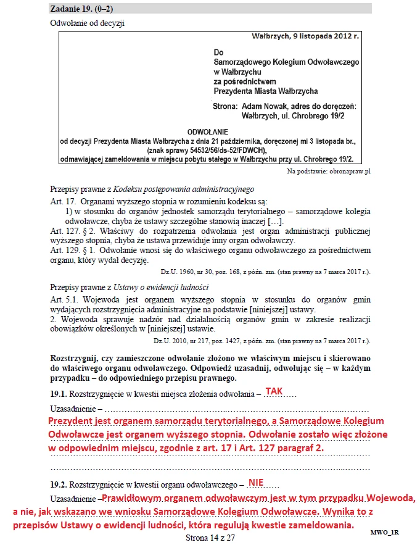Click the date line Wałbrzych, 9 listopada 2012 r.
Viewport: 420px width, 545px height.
point(305,37)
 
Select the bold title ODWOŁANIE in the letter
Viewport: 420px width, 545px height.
point(207,132)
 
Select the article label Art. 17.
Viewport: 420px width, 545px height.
point(62,202)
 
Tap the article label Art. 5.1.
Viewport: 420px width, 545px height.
point(65,299)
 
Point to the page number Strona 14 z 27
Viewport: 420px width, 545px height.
point(210,538)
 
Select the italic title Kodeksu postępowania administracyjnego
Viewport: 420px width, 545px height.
point(184,189)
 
